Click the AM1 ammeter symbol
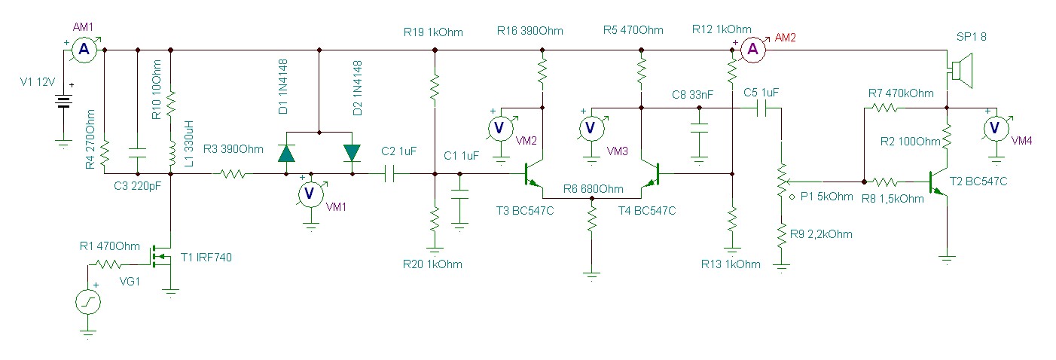pos(84,50)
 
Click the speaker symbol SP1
pos(959,69)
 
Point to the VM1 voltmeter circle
pos(308,194)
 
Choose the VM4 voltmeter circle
pos(994,128)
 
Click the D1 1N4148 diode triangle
pos(286,153)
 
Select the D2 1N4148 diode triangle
pos(352,153)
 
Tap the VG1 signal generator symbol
pos(87,304)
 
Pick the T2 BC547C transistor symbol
pos(938,182)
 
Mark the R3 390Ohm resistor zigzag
pos(233,174)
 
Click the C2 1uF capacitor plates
pos(390,174)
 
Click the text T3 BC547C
pos(525,211)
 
